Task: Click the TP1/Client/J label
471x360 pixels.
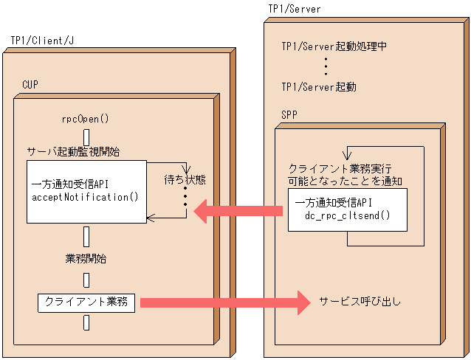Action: tap(43, 38)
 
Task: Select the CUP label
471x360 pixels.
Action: tap(32, 85)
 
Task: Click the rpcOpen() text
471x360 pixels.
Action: tap(86, 119)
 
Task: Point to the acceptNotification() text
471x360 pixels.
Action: tap(86, 197)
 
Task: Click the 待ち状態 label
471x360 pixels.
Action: tap(185, 179)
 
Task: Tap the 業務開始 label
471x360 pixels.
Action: tap(86, 259)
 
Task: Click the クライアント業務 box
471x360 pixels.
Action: tap(86, 302)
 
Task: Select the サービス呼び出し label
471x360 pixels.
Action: tap(360, 302)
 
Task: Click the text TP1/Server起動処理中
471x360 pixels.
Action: tap(334, 46)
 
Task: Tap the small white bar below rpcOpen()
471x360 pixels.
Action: tap(86, 137)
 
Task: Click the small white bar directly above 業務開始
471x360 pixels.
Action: tap(86, 236)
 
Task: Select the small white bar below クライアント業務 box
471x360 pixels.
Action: tap(86, 323)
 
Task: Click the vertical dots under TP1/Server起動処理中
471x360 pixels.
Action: tap(326, 66)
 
